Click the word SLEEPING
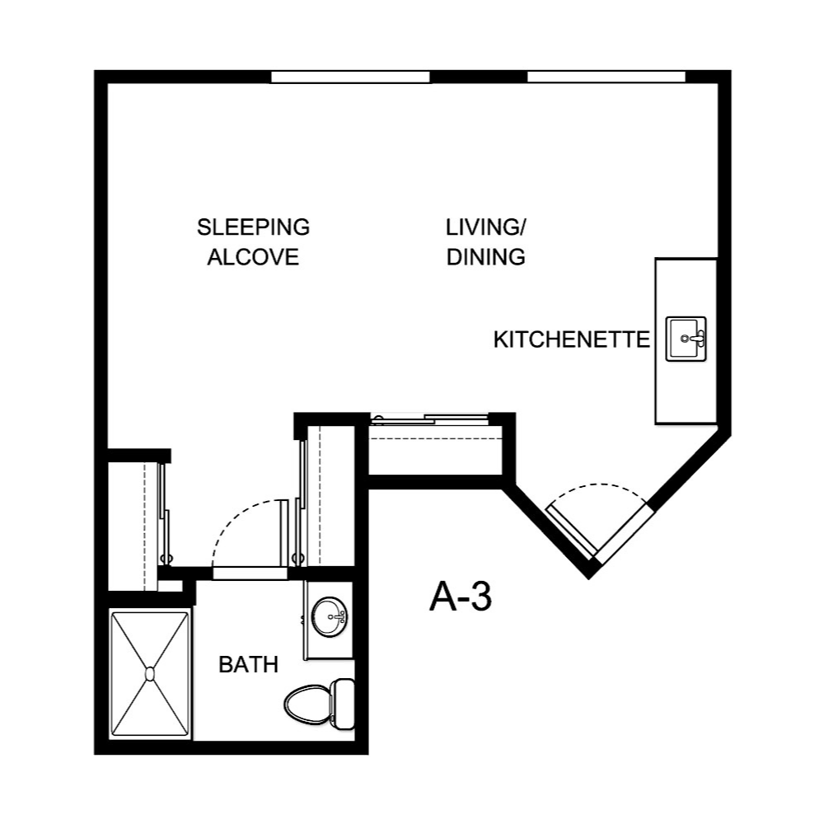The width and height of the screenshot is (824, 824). (253, 227)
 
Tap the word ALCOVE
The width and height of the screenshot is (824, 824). (253, 257)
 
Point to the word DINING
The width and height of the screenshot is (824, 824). (486, 257)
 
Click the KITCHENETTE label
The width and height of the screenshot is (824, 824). (571, 339)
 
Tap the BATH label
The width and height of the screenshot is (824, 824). (248, 665)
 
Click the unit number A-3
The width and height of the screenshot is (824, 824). (460, 598)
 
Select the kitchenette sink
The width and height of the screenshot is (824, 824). (686, 338)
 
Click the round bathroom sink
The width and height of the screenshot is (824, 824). (330, 615)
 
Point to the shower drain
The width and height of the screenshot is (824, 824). (150, 673)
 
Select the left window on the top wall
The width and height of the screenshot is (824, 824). (351, 77)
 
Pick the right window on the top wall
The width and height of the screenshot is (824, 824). (606, 77)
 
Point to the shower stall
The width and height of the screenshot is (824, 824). (151, 674)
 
